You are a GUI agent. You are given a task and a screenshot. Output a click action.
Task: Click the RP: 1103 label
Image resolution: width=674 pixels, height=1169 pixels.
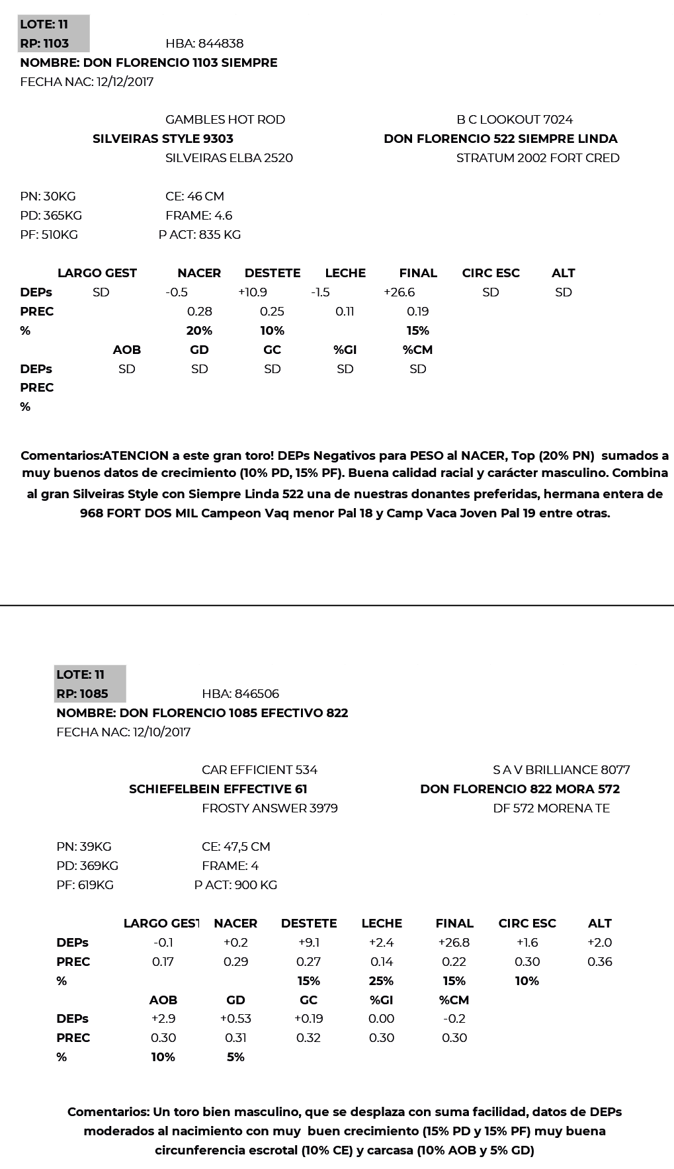[44, 44]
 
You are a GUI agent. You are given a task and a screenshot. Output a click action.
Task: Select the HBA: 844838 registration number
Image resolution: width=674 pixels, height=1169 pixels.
[204, 44]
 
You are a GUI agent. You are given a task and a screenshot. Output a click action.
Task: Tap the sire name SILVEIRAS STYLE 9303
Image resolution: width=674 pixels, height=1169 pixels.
[163, 139]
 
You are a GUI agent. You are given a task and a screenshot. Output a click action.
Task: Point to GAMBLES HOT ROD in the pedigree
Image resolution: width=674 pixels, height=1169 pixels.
[225, 120]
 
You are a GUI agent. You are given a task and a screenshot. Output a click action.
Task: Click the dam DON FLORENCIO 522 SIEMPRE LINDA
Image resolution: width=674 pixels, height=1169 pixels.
[500, 139]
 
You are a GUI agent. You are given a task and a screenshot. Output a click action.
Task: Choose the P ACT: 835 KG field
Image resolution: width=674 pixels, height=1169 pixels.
[200, 235]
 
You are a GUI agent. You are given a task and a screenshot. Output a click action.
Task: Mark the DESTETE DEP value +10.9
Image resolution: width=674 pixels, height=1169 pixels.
[253, 292]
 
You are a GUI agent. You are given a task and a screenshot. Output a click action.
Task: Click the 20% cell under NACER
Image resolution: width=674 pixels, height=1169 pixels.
[199, 331]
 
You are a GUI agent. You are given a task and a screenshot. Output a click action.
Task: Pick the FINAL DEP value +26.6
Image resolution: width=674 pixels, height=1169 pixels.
[399, 292]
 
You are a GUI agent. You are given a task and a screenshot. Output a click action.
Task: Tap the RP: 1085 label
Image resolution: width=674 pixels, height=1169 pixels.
[82, 694]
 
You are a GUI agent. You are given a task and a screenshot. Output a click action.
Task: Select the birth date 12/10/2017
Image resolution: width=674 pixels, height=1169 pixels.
[161, 732]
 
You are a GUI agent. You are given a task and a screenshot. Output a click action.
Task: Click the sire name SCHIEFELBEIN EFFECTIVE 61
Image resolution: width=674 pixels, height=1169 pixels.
[218, 789]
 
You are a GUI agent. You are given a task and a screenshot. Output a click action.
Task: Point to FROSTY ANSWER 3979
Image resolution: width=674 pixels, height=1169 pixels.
[269, 808]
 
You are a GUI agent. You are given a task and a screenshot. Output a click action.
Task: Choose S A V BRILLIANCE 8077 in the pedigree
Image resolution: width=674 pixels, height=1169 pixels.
[561, 770]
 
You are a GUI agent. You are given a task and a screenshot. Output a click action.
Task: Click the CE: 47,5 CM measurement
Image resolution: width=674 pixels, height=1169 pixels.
[235, 847]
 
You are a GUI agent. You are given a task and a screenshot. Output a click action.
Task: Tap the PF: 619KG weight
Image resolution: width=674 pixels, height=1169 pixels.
[85, 885]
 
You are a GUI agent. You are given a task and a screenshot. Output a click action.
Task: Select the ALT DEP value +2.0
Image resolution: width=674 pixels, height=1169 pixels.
[599, 943]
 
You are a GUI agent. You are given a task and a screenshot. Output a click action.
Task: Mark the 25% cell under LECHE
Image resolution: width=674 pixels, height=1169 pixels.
[382, 981]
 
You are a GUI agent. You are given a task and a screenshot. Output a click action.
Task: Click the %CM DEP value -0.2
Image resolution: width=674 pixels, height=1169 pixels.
[454, 1019]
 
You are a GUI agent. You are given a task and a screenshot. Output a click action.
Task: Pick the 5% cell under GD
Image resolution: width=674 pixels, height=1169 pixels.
[235, 1057]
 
